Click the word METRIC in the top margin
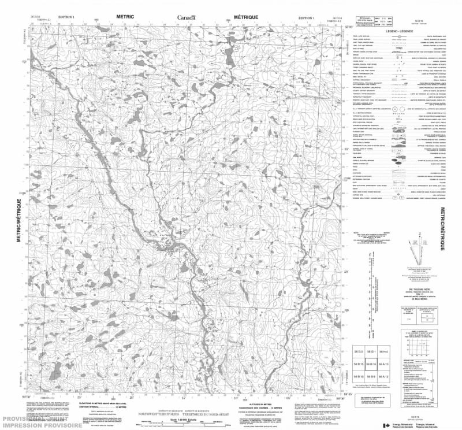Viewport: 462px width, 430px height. pos(124,17)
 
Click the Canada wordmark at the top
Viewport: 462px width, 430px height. pos(187,18)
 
